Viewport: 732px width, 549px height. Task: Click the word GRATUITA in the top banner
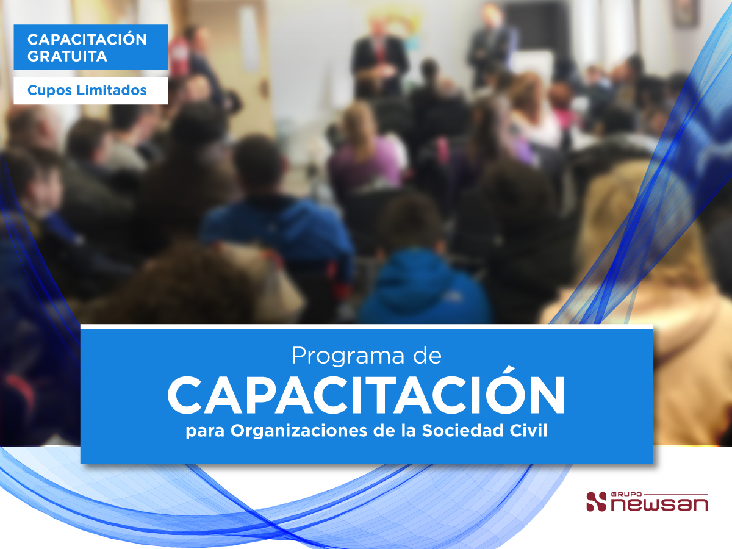(x=67, y=56)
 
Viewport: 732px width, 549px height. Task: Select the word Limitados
(x=112, y=90)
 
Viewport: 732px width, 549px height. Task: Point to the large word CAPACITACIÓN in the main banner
(x=366, y=394)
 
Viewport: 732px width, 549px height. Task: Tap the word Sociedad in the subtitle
(x=463, y=430)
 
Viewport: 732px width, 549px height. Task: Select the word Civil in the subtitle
(x=528, y=430)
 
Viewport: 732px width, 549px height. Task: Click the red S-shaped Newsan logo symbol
(x=596, y=501)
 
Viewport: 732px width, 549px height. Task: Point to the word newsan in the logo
(x=659, y=504)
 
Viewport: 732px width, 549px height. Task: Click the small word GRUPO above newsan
(x=626, y=494)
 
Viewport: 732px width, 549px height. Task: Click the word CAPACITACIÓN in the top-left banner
(x=87, y=39)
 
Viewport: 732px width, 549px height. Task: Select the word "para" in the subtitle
(x=205, y=432)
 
